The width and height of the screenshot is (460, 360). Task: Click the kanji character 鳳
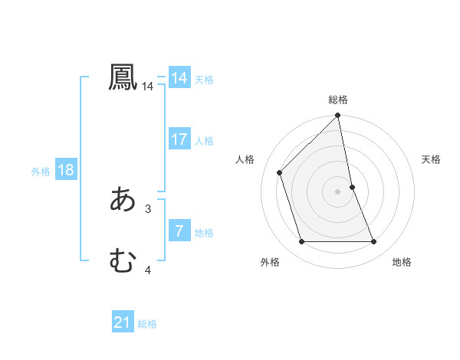click(123, 77)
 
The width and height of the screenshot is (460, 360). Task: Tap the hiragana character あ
click(123, 199)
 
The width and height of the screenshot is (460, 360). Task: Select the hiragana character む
click(123, 260)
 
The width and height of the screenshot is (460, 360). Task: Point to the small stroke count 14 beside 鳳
click(148, 87)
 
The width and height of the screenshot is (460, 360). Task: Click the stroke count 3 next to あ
click(148, 208)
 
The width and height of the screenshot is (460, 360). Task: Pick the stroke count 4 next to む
click(148, 270)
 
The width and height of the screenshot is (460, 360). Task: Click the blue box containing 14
click(179, 78)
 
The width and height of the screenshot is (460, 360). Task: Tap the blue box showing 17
click(179, 139)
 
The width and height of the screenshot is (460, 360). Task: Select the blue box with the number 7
click(179, 231)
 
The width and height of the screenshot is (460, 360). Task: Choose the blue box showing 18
click(66, 170)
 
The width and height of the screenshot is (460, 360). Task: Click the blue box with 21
click(123, 322)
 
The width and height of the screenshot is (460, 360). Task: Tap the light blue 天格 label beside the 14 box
click(204, 79)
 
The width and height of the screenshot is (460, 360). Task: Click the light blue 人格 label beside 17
click(204, 140)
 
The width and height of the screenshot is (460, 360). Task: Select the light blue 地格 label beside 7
click(204, 232)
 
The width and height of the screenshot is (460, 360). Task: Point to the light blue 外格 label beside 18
click(41, 172)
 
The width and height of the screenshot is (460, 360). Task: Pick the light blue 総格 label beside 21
click(147, 324)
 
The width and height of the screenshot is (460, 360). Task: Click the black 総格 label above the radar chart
click(338, 100)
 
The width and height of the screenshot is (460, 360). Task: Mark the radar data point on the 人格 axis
click(280, 172)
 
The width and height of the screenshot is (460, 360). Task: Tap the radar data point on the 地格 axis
click(374, 242)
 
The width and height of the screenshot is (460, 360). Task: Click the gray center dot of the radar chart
click(338, 191)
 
